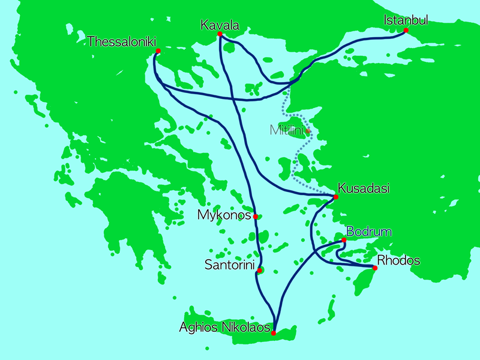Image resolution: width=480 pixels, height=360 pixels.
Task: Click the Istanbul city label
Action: click(x=406, y=20)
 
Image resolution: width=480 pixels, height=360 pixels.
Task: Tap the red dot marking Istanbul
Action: click(x=406, y=30)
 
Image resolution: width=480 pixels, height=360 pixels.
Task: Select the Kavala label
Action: click(x=220, y=25)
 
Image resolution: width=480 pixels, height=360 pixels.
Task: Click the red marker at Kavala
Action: click(x=220, y=34)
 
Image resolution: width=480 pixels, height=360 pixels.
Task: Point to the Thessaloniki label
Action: click(x=121, y=41)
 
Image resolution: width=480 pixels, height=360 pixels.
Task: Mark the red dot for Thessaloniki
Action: click(x=158, y=51)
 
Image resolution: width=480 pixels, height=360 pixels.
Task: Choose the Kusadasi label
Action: click(x=364, y=188)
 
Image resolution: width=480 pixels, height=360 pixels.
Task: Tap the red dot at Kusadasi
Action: click(x=335, y=197)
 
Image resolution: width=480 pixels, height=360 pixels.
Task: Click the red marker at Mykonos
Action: click(x=256, y=217)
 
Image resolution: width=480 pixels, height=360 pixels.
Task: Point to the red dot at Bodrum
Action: click(x=344, y=240)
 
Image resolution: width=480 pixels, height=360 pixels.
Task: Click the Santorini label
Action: click(x=229, y=264)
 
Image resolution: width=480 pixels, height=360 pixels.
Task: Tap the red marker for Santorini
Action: click(x=259, y=271)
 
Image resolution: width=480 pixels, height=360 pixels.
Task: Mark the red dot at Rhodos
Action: click(x=375, y=268)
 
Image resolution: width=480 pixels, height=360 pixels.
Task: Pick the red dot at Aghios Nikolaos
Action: click(x=274, y=333)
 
